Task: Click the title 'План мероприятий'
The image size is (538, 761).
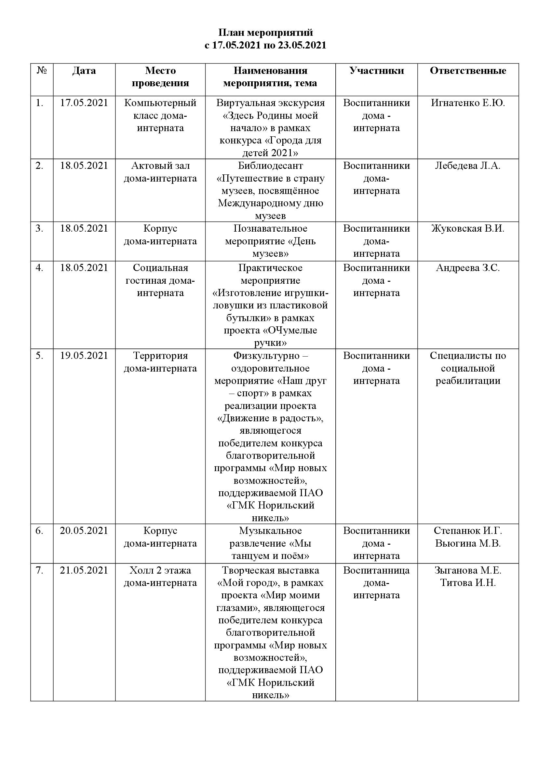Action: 265,33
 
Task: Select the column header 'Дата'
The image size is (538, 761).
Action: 84,71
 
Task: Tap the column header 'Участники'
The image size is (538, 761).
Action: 376,71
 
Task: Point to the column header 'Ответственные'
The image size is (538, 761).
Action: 468,71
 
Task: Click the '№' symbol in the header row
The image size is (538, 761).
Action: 42,71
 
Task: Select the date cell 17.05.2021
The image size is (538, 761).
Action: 84,103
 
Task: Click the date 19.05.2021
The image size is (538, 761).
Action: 84,356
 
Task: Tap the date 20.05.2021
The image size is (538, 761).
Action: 84,531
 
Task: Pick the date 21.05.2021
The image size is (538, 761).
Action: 84,570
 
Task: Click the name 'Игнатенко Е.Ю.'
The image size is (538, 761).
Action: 468,103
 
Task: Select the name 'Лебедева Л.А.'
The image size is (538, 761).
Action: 468,166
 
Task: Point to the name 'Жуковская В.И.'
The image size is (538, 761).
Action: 468,228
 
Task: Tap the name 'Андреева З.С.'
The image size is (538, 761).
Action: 468,268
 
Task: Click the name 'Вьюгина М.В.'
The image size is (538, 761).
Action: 468,543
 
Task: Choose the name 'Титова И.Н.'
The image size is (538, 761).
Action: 468,583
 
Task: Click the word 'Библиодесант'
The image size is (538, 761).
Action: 270,166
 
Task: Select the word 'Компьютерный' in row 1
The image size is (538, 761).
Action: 160,103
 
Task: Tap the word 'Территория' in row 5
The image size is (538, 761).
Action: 160,356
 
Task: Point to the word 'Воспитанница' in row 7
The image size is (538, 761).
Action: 376,570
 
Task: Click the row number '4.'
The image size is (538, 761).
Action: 39,268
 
